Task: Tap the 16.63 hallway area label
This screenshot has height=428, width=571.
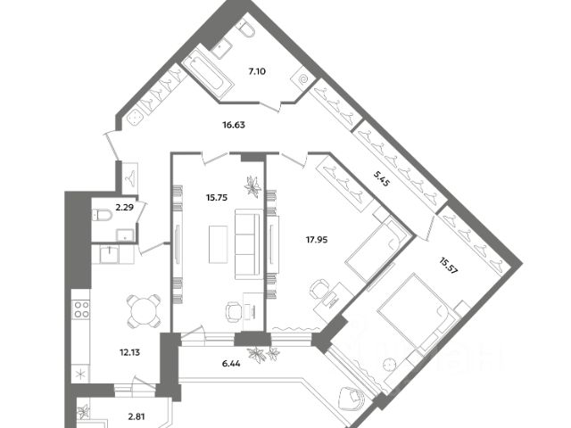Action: click(234, 126)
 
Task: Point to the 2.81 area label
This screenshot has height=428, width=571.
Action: click(136, 416)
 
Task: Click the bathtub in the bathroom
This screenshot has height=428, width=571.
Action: click(208, 70)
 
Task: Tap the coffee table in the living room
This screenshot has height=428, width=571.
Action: click(218, 241)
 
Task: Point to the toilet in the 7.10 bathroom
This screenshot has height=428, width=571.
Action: click(247, 32)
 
